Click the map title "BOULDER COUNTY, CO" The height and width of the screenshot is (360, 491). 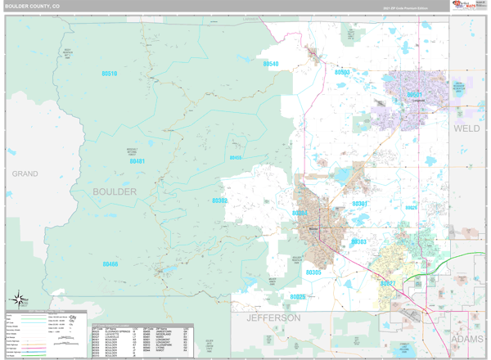tap(33, 6)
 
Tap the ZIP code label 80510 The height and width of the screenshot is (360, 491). tap(110, 74)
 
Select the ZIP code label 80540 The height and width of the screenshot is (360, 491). tap(271, 64)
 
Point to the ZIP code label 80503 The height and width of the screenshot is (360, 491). tap(342, 73)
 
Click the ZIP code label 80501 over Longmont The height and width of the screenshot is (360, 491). tap(415, 95)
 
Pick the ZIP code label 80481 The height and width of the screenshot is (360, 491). tap(137, 162)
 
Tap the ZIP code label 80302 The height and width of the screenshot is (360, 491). tap(220, 200)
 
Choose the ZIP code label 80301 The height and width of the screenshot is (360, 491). tap(359, 203)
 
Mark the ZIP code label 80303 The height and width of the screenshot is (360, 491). tap(358, 242)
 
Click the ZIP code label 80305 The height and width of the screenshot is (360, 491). tap(313, 272)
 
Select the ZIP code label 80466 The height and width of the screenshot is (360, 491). tap(110, 264)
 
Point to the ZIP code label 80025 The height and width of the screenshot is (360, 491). tap(298, 297)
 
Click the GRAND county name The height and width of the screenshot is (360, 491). tap(25, 174)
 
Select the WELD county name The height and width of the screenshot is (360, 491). tap(467, 128)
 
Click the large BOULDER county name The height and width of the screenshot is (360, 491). tap(115, 191)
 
